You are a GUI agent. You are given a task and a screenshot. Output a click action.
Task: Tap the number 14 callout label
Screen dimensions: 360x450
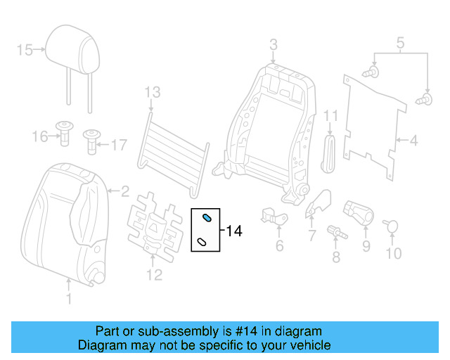click(x=234, y=231)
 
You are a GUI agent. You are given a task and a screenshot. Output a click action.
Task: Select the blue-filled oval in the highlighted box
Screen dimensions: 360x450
click(x=207, y=218)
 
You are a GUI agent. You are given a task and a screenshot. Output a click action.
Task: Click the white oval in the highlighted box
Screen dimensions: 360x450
click(x=202, y=242)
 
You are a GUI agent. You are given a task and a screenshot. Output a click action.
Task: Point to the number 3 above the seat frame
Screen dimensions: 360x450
click(x=274, y=46)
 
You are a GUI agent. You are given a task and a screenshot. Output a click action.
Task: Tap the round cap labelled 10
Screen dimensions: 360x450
click(x=392, y=226)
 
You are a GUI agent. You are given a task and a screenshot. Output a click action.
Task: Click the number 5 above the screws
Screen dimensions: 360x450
click(x=400, y=45)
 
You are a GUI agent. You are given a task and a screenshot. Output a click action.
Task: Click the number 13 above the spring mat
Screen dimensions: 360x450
click(x=153, y=91)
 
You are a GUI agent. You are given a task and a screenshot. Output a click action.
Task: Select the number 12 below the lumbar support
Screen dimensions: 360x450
click(x=154, y=274)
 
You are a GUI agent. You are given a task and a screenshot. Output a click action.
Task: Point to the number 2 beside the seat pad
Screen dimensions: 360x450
click(x=124, y=190)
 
